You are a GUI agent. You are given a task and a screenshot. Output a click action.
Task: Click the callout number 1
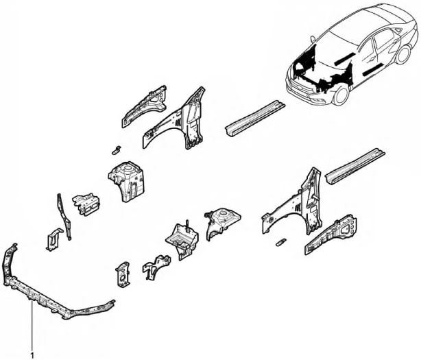(x=32, y=357)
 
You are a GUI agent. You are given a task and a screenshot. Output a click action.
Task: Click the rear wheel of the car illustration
(x=402, y=54)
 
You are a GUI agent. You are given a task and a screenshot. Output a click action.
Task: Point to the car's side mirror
(x=313, y=38)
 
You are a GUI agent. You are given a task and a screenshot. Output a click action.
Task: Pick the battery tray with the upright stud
(x=182, y=240)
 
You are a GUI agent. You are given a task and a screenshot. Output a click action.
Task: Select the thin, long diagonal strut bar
(x=64, y=216)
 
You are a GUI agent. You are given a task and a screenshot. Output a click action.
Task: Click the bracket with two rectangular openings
(x=86, y=204)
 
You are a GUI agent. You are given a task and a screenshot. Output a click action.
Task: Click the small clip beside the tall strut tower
(x=117, y=150)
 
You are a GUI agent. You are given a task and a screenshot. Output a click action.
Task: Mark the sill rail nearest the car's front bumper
(x=255, y=119)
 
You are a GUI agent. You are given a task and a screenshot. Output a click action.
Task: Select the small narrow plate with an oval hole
(x=123, y=275)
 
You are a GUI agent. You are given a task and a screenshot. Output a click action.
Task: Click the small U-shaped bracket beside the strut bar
(x=54, y=239)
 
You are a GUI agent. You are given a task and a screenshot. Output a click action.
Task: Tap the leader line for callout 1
(x=32, y=326)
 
